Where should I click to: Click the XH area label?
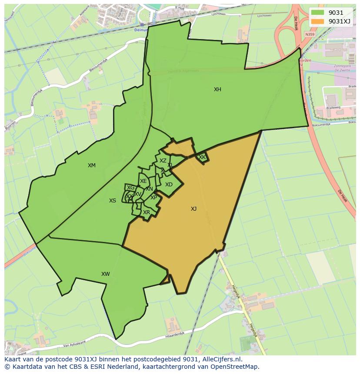click(x=217, y=89)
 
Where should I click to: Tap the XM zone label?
click(x=91, y=165)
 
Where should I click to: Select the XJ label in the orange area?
click(x=193, y=209)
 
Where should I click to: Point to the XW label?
click(x=105, y=274)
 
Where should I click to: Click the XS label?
click(x=113, y=201)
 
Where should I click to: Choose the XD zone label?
click(x=169, y=185)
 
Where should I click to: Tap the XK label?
click(x=202, y=157)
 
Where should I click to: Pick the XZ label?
click(x=163, y=161)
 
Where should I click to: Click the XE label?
click(x=143, y=181)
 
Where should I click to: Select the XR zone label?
click(x=147, y=212)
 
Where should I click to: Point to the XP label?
click(x=153, y=198)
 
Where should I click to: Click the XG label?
click(x=130, y=188)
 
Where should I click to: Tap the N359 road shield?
click(x=310, y=34)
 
